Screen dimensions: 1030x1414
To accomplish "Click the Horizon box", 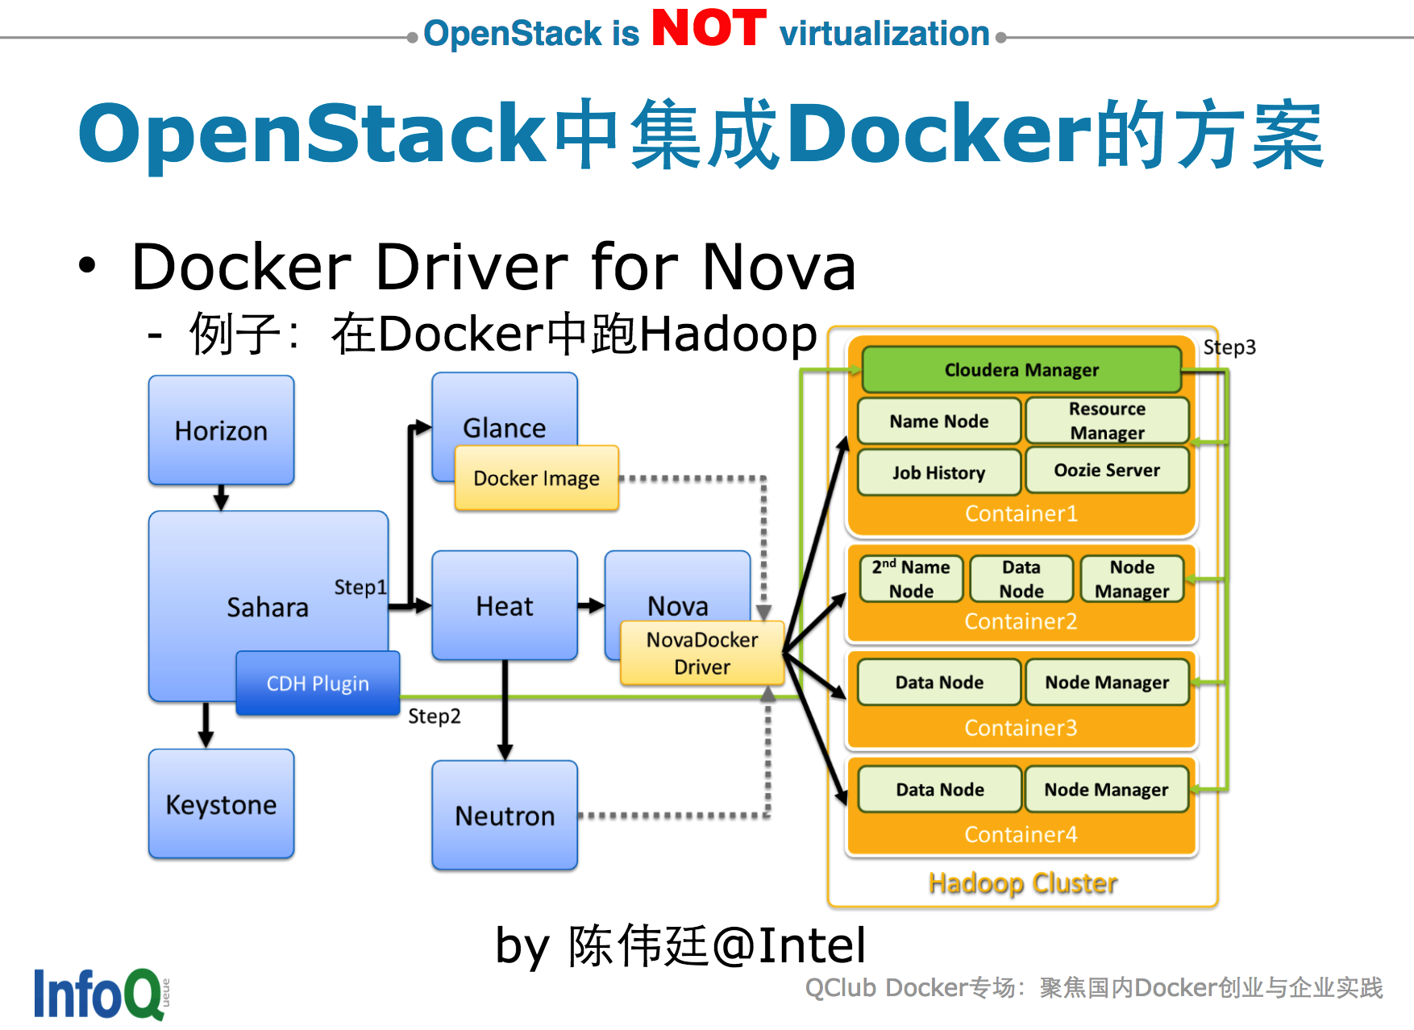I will pos(221,430).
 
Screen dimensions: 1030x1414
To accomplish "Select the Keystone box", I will pos(221,804).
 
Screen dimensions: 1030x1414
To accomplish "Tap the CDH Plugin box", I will pos(318,683).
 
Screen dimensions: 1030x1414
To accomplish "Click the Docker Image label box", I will pos(537,478).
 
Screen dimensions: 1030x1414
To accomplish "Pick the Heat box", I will pos(505,605).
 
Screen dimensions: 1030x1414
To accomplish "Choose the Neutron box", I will pos(505,815).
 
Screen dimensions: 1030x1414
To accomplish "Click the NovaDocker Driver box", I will pos(701,653).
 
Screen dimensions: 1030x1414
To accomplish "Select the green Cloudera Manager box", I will pos(1021,370).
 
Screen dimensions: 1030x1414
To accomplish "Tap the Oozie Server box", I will pos(1107,470).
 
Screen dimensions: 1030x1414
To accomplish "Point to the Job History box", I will pos(938,472).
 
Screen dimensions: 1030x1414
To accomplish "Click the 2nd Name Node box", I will pos(911,579).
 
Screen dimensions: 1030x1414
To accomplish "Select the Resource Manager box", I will pos(1107,421).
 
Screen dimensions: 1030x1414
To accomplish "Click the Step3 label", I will pos(1229,347).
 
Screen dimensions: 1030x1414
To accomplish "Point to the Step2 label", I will pos(435,716).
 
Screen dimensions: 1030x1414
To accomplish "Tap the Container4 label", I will pos(1021,834).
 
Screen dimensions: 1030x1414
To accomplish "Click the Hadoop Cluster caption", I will pos(1023,883).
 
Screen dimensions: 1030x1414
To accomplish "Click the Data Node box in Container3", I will pos(939,683).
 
